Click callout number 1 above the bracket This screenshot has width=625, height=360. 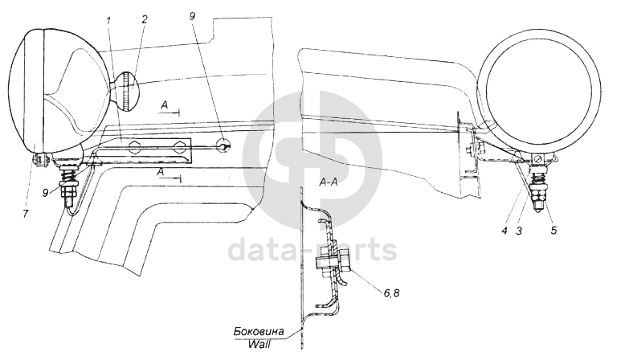pyautogui.click(x=108, y=17)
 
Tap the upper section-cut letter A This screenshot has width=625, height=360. pyautogui.click(x=163, y=105)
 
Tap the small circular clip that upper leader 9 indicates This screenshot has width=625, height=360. pyautogui.click(x=225, y=145)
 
